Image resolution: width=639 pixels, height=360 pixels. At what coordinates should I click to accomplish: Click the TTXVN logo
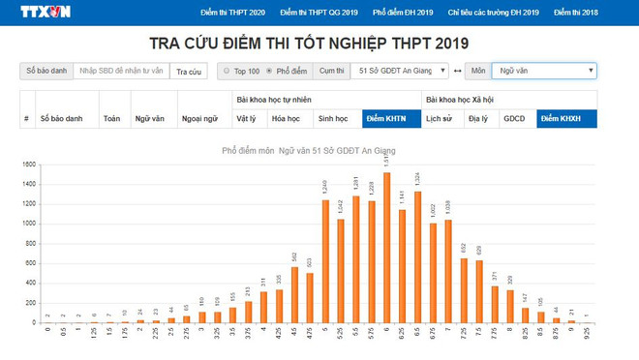coord(46,13)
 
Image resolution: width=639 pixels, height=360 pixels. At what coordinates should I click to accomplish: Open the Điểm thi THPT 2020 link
coord(232,13)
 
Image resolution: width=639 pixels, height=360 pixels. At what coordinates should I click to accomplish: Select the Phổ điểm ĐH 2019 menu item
coord(403,13)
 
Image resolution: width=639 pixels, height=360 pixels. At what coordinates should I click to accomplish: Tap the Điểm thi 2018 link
coord(576,13)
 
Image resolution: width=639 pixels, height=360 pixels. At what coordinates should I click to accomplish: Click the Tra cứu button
coord(189,71)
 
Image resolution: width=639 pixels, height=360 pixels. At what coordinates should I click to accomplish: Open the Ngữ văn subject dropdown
coord(544,71)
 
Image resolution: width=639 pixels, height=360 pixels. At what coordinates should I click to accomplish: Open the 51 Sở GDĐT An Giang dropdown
coord(393,71)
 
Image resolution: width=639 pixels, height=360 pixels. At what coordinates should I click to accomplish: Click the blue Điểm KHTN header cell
coord(385,118)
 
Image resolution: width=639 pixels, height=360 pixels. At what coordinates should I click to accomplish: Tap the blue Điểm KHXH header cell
coord(565,118)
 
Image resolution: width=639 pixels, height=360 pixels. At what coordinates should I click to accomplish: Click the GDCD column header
coord(514,118)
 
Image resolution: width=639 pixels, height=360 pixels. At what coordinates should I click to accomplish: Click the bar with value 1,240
coord(324,260)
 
